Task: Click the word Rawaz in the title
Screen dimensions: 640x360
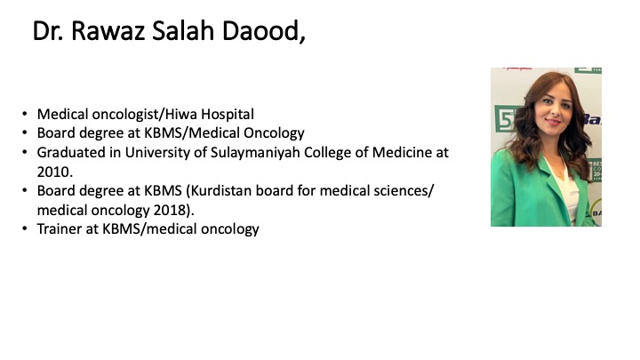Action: (x=108, y=31)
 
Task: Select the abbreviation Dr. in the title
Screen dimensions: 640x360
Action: (x=48, y=31)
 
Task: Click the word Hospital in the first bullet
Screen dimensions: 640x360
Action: (x=228, y=115)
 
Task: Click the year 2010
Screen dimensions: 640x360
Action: (x=55, y=172)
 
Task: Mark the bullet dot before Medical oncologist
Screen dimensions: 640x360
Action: (x=25, y=115)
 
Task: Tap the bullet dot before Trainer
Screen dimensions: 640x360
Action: (x=25, y=229)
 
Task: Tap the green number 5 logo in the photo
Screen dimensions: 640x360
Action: (x=505, y=118)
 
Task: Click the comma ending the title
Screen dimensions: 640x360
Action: (x=302, y=40)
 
